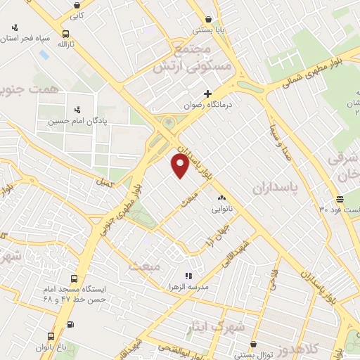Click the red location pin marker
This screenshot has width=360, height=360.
(x=180, y=166)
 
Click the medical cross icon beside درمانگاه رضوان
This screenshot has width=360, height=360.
(x=207, y=94)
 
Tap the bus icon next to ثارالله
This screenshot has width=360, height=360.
(x=65, y=33)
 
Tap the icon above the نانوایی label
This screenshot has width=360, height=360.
(x=221, y=198)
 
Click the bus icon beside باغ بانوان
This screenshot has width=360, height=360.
(x=49, y=337)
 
